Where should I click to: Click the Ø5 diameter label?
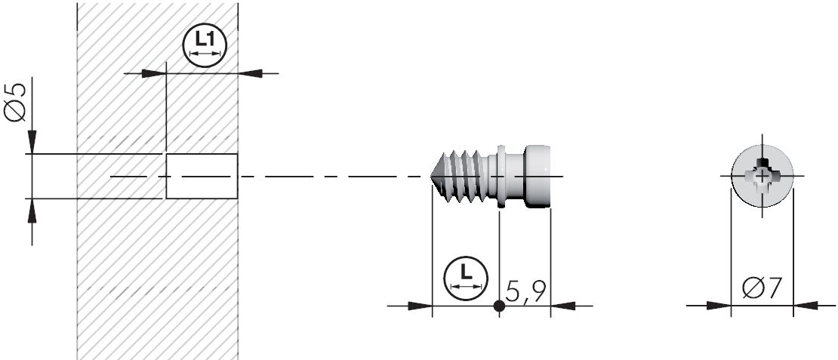16,103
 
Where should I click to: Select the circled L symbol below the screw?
466,278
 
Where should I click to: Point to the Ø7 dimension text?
762,289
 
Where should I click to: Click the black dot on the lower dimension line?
499,306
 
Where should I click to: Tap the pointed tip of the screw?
432,176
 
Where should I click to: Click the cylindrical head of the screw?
538,176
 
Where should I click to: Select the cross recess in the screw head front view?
763,176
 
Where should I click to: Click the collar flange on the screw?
501,176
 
